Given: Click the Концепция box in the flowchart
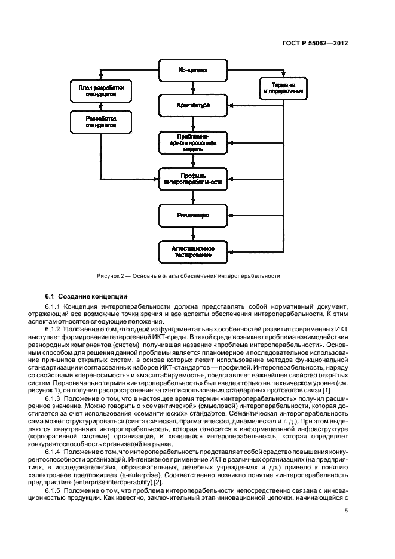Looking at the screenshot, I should (x=192, y=70).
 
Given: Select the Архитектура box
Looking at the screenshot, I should (x=192, y=106).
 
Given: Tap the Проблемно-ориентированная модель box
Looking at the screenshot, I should (x=192, y=143).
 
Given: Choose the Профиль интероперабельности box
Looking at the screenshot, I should (x=192, y=178).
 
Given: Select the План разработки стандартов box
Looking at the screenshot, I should (x=100, y=90).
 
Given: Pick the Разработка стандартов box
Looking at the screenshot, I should (x=100, y=122).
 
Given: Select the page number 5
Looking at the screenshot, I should (x=346, y=511).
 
